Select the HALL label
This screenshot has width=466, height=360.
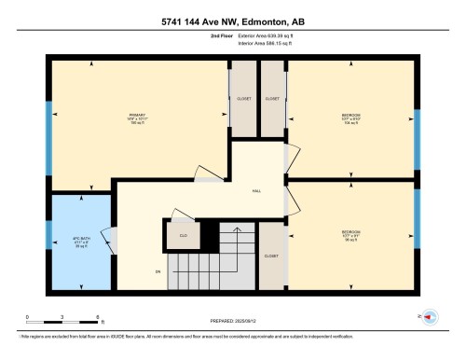click(256, 191)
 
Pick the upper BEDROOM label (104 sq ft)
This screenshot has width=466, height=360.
click(351, 118)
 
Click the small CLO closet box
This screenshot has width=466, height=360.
click(185, 235)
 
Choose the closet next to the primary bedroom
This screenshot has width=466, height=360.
click(243, 99)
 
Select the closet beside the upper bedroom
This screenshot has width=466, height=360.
click(273, 99)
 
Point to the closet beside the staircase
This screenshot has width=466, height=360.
click(272, 255)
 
